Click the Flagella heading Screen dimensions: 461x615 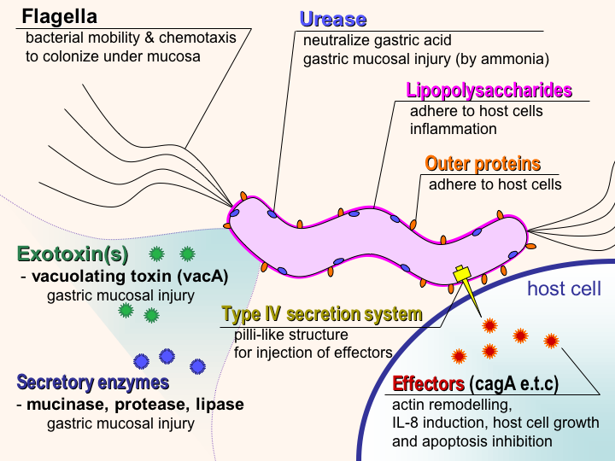pyautogui.click(x=60, y=16)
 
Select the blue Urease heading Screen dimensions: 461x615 pyautogui.click(x=333, y=19)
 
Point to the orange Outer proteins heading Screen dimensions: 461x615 pyautogui.click(x=483, y=163)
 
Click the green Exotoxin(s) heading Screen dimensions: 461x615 pyautogui.click(x=73, y=254)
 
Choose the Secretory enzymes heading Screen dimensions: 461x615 pyautogui.click(x=93, y=382)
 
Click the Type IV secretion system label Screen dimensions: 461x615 pyautogui.click(x=322, y=314)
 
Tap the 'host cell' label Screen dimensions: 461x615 pyautogui.click(x=564, y=289)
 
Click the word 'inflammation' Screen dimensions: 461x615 pyautogui.click(x=453, y=129)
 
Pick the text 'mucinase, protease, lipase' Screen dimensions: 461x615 pyautogui.click(x=135, y=404)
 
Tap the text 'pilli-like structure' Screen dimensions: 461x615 pyautogui.click(x=290, y=334)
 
